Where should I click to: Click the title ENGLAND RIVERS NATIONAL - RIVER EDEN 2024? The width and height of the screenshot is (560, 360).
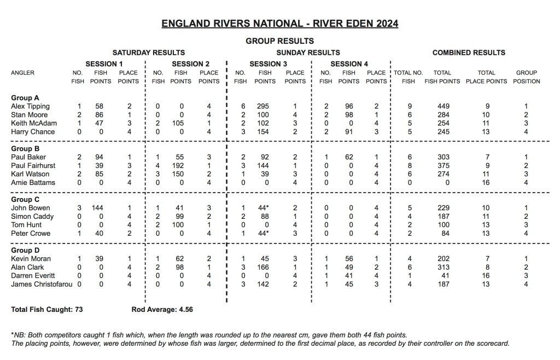tap(279, 24)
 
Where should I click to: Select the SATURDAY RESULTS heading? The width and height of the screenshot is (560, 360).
tap(148, 53)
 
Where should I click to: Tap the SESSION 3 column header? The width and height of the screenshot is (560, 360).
tap(268, 63)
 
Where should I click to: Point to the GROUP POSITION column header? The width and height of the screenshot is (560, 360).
tap(527, 77)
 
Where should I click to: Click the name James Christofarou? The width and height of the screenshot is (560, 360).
tap(40, 284)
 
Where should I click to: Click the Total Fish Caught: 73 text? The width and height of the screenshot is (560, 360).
tap(46, 309)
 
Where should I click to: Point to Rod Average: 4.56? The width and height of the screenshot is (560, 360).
tap(162, 309)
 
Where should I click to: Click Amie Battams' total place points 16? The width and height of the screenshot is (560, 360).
tap(486, 183)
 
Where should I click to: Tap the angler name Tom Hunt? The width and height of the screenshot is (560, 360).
tap(25, 225)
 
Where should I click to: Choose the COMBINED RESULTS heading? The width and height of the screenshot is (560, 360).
tap(469, 53)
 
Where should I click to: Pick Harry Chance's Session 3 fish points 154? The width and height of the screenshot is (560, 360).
tap(265, 132)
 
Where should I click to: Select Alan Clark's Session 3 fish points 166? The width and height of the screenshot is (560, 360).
tap(265, 267)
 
